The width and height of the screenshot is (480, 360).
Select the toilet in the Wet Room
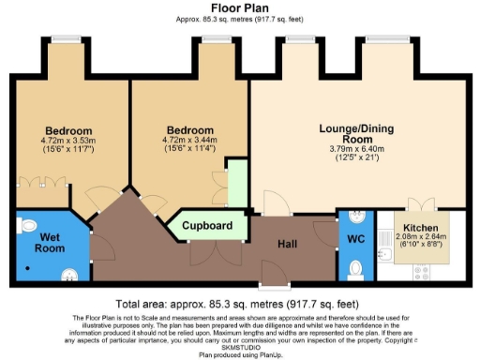27,224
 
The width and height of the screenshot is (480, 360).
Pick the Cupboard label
207,226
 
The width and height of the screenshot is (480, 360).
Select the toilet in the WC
355,270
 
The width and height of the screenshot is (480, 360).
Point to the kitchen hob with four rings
422,272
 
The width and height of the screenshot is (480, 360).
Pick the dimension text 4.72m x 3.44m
188,141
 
